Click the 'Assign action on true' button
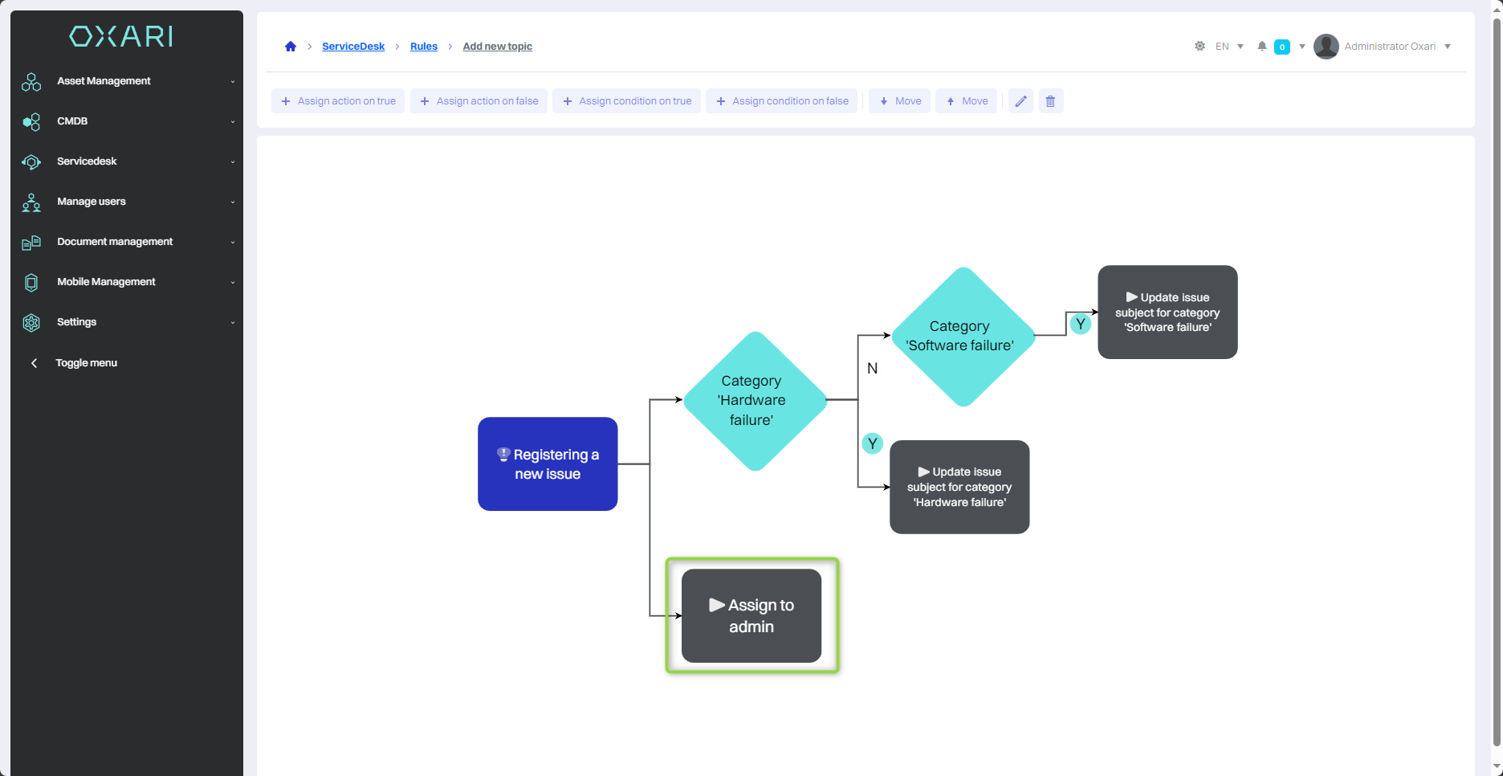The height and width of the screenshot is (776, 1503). (338, 101)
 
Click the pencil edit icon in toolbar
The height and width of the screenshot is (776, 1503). (1020, 101)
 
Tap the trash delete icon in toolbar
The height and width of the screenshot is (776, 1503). (1050, 101)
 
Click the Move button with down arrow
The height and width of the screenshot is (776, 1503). (900, 101)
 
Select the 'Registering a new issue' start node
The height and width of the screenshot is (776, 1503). (548, 464)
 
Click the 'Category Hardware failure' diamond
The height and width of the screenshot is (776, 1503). (754, 400)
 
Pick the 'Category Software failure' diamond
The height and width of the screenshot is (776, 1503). (962, 337)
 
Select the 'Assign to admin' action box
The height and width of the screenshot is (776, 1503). (751, 616)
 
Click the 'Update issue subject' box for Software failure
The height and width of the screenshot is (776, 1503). (1167, 312)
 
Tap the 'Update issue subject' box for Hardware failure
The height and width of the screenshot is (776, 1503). (959, 487)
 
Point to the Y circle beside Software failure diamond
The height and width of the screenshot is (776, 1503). (1081, 324)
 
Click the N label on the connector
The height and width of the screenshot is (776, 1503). (873, 369)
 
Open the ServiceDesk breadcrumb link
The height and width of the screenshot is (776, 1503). (353, 47)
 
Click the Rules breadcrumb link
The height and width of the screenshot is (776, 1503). (424, 47)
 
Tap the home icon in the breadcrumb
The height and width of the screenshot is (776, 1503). (291, 47)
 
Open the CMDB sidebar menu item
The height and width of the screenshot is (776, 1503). (72, 121)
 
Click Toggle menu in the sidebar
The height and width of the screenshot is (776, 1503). (86, 363)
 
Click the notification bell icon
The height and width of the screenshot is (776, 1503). (1262, 47)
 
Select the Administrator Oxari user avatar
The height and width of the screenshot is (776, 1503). (1326, 47)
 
